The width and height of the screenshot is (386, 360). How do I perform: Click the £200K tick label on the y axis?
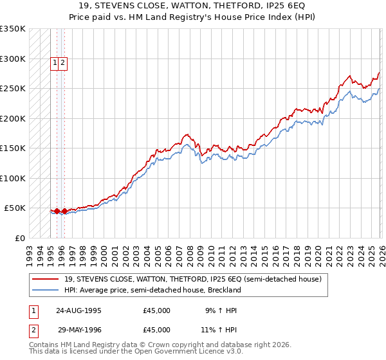coord(12,118)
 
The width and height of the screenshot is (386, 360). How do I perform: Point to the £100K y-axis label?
coord(12,178)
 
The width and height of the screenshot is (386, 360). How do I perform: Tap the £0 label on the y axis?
coord(19,238)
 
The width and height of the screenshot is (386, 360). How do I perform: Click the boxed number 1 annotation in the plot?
coord(55,63)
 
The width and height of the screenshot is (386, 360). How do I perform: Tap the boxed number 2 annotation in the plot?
coord(64,63)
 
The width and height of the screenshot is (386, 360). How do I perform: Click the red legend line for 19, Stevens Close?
coord(46,279)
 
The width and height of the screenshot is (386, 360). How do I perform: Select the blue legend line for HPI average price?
coord(46,291)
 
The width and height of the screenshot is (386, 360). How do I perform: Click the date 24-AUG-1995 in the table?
coord(78,310)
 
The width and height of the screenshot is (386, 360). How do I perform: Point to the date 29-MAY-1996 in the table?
coord(78,330)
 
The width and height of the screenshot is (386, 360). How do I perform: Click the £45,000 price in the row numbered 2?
coord(156,330)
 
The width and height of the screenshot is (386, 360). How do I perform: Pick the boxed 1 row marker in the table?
coord(32,310)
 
